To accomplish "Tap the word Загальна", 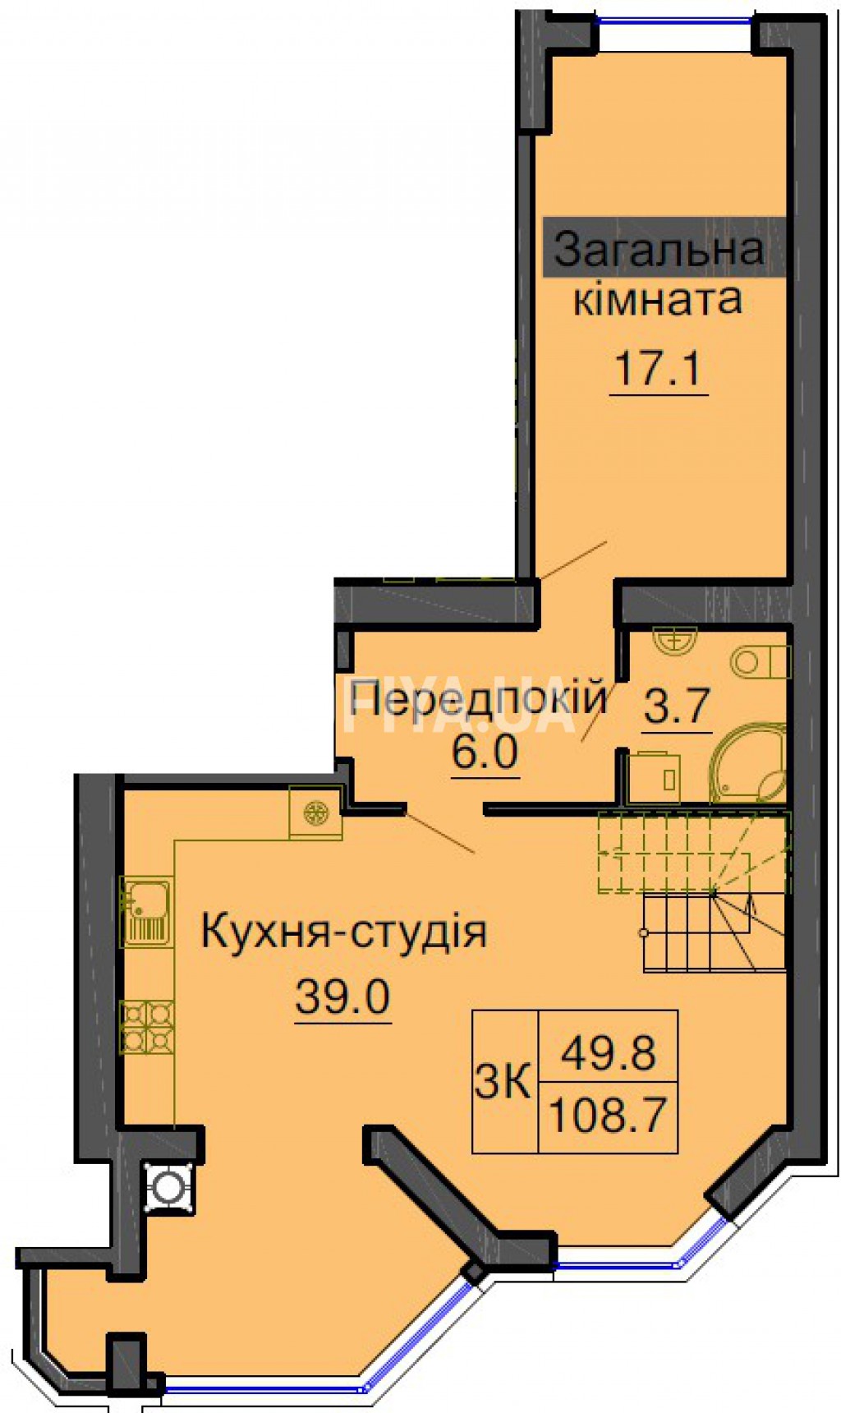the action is tap(659, 249).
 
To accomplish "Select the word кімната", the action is tap(658, 299).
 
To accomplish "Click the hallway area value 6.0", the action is tap(485, 752).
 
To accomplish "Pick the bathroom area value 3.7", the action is tap(677, 706).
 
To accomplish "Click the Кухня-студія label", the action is tap(344, 932).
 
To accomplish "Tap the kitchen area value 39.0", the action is tap(342, 998).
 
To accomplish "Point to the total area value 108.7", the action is tap(608, 1116).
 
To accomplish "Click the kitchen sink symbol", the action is tap(146, 912).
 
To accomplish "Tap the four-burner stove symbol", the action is tap(147, 1027).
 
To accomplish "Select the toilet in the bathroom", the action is tap(759, 661).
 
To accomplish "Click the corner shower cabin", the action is tap(748, 764).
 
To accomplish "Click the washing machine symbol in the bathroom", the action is tap(655, 777).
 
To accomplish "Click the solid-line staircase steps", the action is tap(715, 932).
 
